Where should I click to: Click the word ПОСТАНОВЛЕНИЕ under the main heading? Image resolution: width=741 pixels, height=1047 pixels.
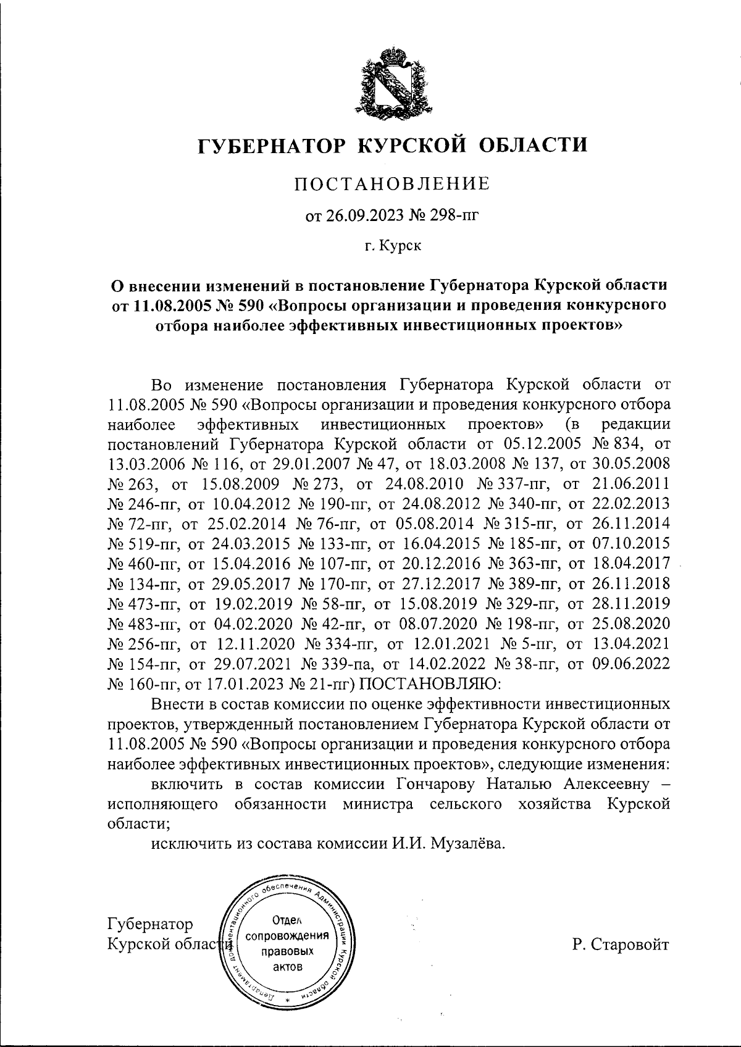[391, 183]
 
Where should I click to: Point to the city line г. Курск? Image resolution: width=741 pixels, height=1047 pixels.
[392, 246]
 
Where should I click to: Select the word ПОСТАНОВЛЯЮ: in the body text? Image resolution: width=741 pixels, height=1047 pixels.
[431, 684]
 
